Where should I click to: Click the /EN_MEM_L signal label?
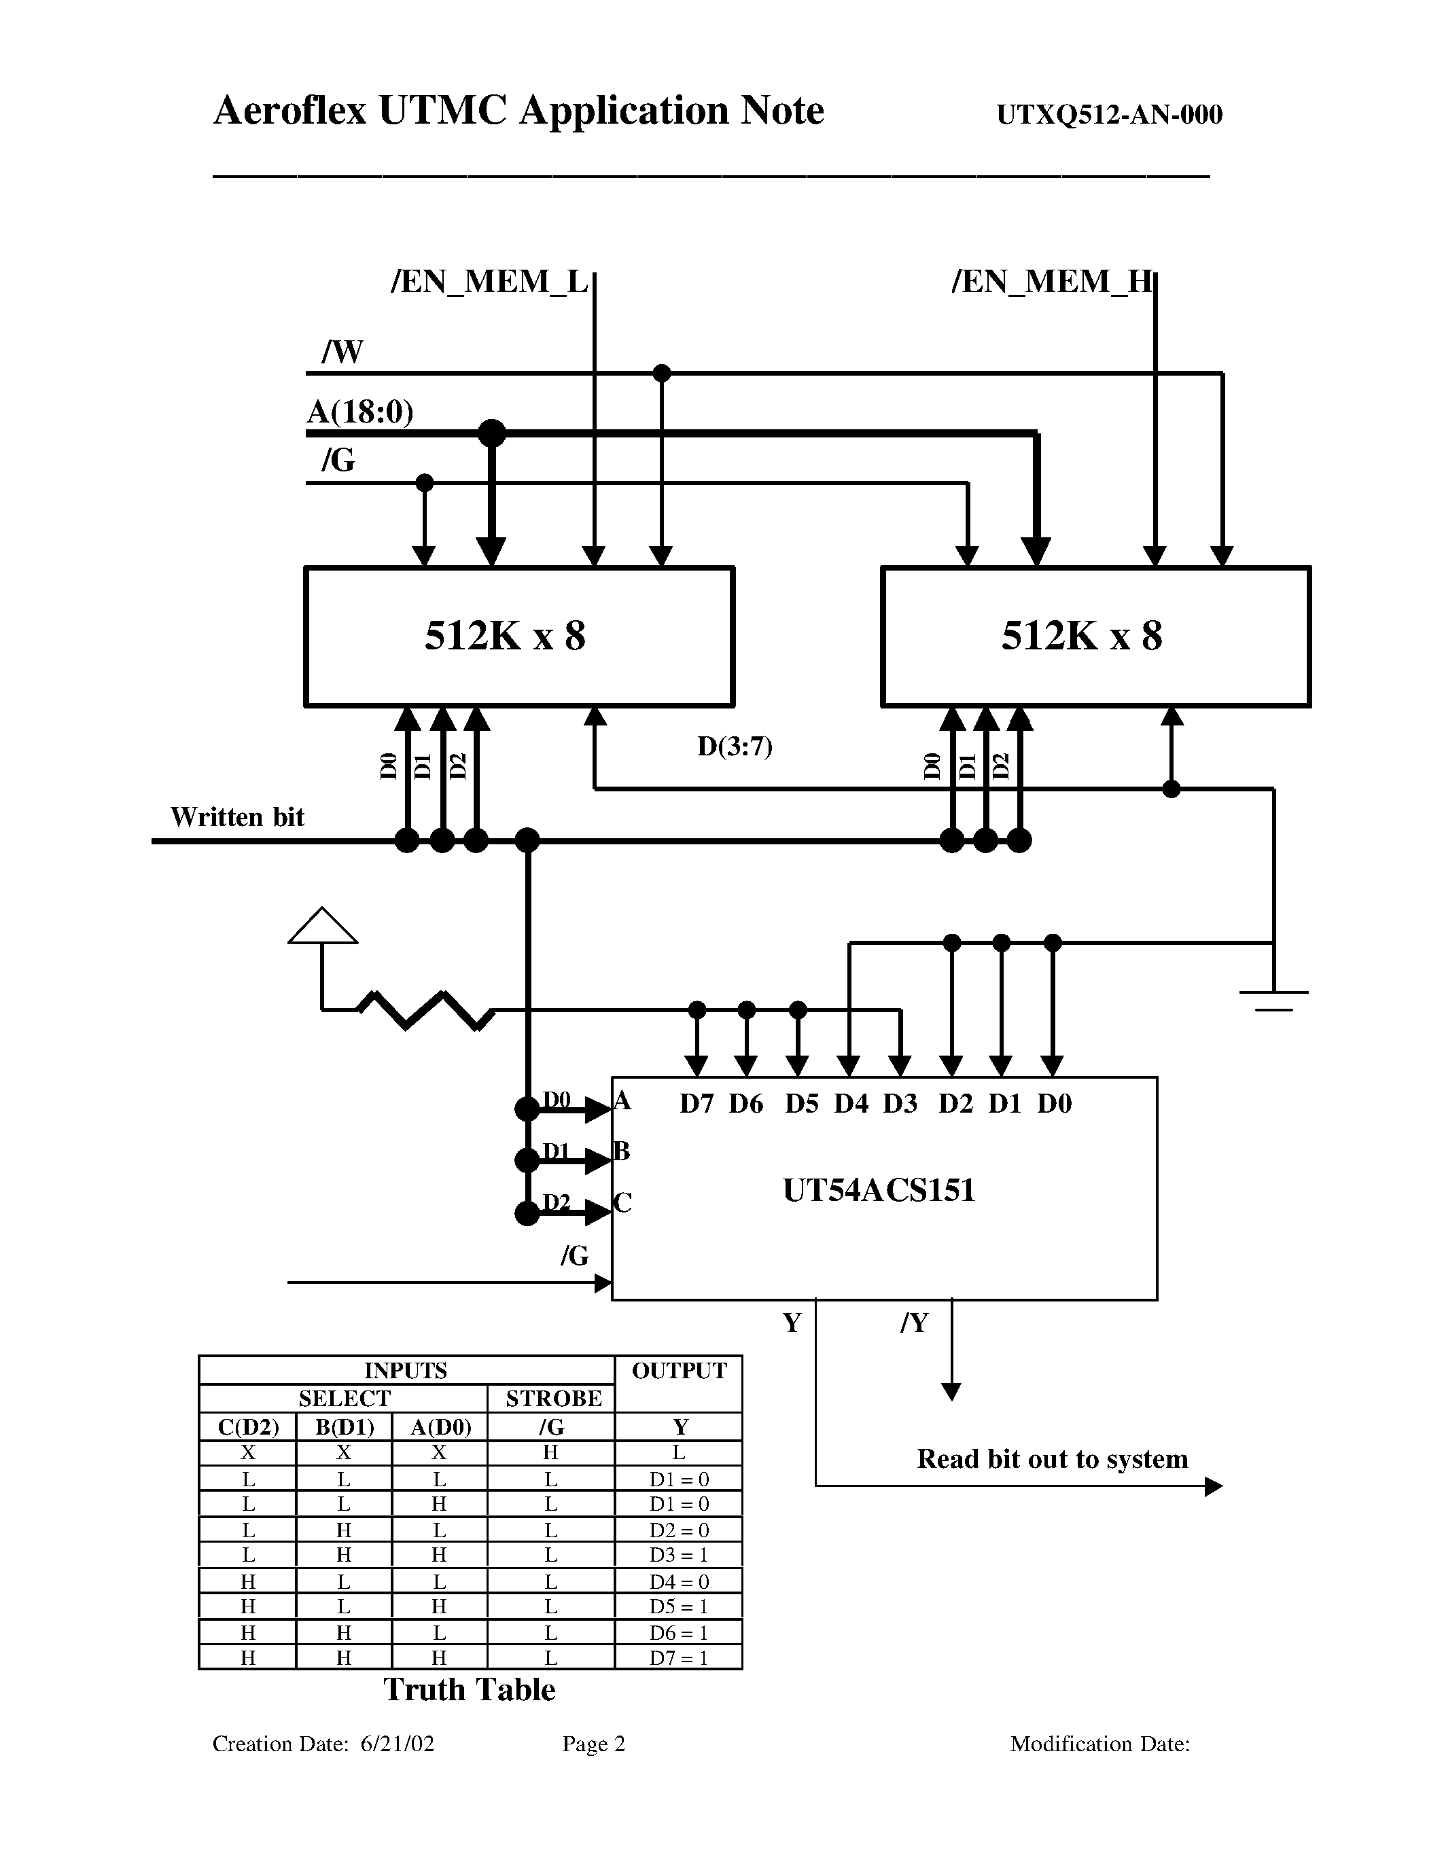pos(489,281)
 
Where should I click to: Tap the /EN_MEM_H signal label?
pos(1051,281)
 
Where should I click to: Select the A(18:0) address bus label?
pos(359,412)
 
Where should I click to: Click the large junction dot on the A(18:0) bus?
pos(492,433)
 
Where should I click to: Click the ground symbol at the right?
pos(1273,999)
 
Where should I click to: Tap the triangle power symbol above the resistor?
pos(323,927)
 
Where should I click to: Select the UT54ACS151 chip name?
pos(879,1189)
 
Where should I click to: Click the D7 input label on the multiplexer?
pos(697,1104)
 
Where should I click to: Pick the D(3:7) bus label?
pos(735,747)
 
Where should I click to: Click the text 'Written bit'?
pos(237,816)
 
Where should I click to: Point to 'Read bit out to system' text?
pos(1052,1458)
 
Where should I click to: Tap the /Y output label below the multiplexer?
pos(913,1323)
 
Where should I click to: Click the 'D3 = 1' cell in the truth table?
pos(678,1554)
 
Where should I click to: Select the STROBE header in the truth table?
pos(552,1399)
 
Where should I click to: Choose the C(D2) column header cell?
pos(248,1426)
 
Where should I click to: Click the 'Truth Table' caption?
pos(469,1689)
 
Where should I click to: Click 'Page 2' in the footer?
pos(594,1744)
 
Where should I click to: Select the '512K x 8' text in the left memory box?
pos(505,636)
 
